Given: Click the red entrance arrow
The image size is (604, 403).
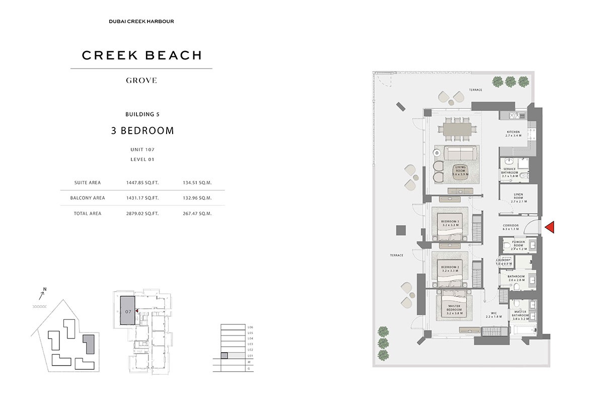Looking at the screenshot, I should coord(550,228).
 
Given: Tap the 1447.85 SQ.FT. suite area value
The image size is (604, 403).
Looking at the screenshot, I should coord(142,183).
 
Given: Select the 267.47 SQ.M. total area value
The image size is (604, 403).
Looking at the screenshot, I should coord(197,214).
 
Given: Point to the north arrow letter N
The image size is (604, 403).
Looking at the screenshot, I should coord(44,289).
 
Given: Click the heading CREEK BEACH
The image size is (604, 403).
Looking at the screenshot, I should coord(141,55).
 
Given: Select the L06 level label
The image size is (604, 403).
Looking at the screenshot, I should coord(250,327).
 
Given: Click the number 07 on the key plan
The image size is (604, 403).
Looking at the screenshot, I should coord(128,312).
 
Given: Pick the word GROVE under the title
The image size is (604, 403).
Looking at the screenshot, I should coord(141,80).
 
